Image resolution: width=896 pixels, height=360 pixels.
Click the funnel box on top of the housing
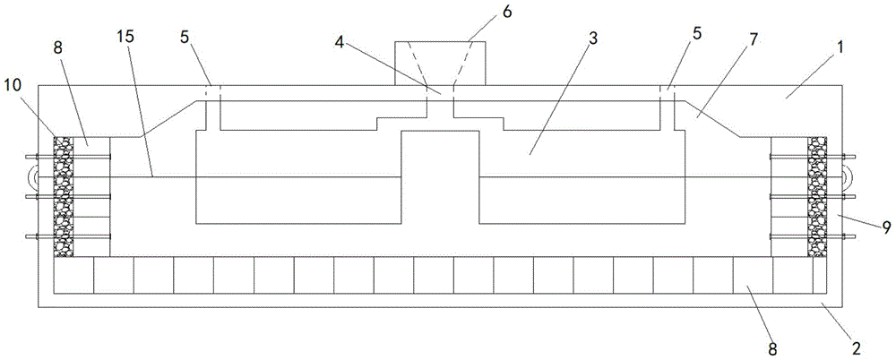pos(440,61)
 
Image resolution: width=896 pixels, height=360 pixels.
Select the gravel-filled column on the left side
pos(64,196)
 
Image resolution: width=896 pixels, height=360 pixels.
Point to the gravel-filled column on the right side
pos(816,196)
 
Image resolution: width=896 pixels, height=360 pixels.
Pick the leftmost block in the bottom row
pos(73,275)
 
